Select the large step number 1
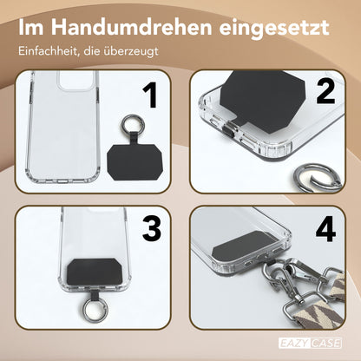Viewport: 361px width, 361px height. pyautogui.click(x=149, y=101)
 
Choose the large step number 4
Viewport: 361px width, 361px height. pyautogui.click(x=325, y=231)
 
